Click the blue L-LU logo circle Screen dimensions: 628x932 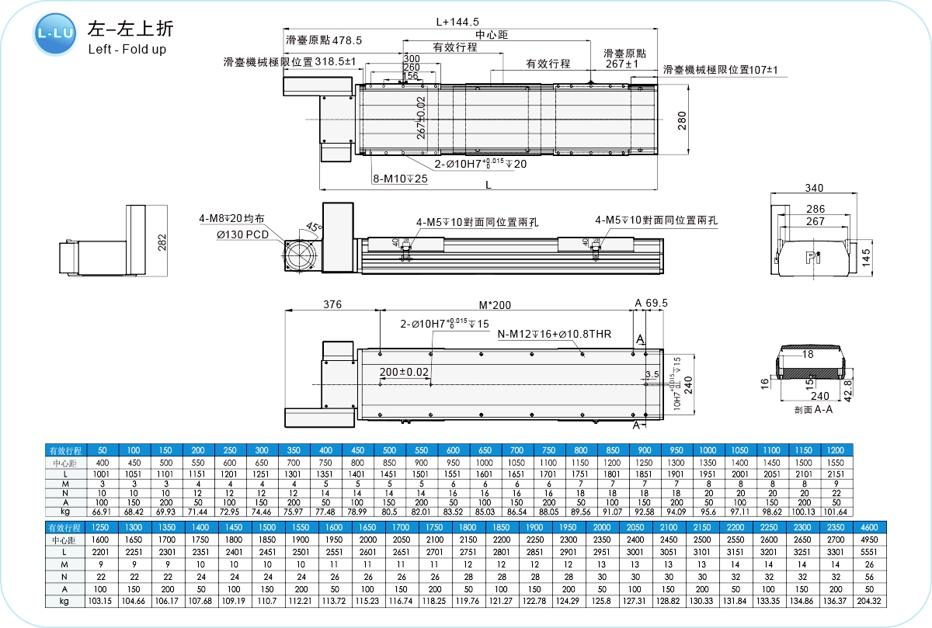click(x=54, y=34)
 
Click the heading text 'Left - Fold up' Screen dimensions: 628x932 click(x=127, y=49)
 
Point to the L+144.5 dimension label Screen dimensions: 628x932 click(x=457, y=22)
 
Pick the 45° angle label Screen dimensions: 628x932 click(x=313, y=227)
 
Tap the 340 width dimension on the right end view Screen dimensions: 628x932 click(x=814, y=188)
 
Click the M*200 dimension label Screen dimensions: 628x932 click(x=495, y=305)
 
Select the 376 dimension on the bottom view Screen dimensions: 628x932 click(x=332, y=305)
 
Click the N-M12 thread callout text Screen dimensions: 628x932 click(x=555, y=335)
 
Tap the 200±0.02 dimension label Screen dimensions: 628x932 click(x=405, y=373)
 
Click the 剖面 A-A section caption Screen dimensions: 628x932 click(x=813, y=409)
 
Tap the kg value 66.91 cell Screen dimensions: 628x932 click(x=103, y=512)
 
